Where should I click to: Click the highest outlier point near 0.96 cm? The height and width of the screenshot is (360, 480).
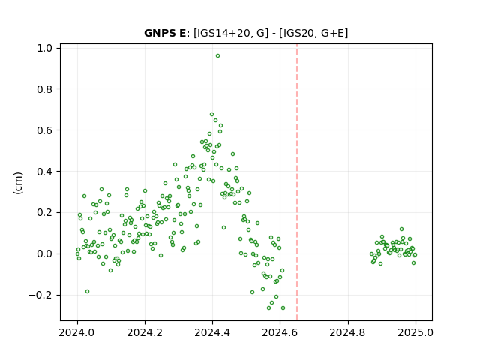(217, 56)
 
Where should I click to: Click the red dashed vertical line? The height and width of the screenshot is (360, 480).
(297, 182)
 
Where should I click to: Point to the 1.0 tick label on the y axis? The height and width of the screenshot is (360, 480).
(45, 48)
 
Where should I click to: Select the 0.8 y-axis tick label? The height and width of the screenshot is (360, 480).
(45, 89)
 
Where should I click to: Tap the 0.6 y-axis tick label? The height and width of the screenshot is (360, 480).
(45, 130)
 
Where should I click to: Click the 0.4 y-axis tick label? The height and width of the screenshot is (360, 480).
(45, 172)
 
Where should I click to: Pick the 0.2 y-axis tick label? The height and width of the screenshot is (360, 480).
(45, 213)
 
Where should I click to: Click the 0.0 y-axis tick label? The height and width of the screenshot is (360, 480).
(45, 254)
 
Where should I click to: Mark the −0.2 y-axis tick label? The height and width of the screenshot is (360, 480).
(40, 295)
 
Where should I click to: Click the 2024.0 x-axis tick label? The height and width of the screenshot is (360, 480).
(77, 332)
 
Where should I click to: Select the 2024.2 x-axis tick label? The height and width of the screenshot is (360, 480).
(145, 332)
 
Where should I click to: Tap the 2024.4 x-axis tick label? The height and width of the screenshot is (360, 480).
(212, 332)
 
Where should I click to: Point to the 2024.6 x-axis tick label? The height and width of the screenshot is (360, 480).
(280, 332)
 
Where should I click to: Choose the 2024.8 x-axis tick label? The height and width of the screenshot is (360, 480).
(347, 332)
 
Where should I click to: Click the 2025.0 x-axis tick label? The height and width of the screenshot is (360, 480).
(415, 332)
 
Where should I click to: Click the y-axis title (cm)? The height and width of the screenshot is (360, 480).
(18, 183)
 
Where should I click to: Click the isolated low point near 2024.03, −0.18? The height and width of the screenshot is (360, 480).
(87, 292)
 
